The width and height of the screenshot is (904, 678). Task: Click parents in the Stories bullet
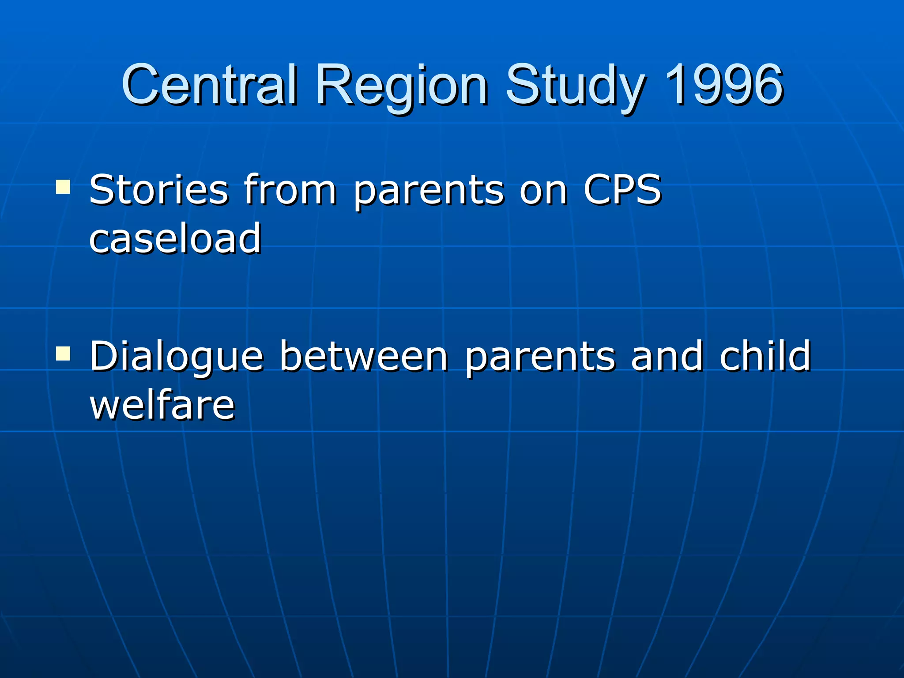pyautogui.click(x=429, y=192)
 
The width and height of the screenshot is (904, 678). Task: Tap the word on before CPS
pyautogui.click(x=543, y=191)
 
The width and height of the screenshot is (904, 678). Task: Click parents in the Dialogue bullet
pyautogui.click(x=540, y=358)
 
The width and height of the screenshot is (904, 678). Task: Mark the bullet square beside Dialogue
pyautogui.click(x=63, y=354)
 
